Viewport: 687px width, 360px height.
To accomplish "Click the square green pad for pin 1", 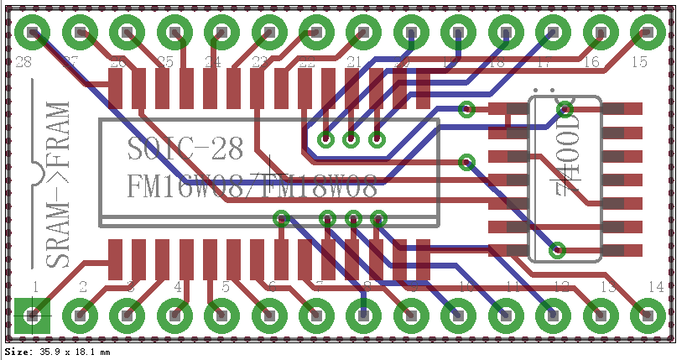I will coord(33,316).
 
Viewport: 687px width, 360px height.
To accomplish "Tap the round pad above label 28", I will coord(33,33).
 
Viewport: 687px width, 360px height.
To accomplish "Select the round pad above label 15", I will coord(647,33).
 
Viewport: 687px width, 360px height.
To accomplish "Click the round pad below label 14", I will coord(647,316).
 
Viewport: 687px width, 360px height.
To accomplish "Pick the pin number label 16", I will coord(591,62).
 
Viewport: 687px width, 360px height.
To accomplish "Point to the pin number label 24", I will coord(212,62).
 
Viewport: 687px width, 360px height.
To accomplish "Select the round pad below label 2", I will coord(81,316).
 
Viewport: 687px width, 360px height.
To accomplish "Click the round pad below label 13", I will coord(600,316).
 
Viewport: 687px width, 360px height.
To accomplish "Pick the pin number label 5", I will coord(226,287).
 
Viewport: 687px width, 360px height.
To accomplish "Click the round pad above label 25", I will coord(174,33).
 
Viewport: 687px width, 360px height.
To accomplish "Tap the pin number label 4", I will coord(178,287).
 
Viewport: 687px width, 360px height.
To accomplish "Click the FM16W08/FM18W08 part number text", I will coord(252,186).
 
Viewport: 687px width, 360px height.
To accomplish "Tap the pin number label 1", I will coord(35,287).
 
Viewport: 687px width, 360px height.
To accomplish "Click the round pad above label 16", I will coord(600,33).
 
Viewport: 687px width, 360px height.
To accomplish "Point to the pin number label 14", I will coord(655,287).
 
